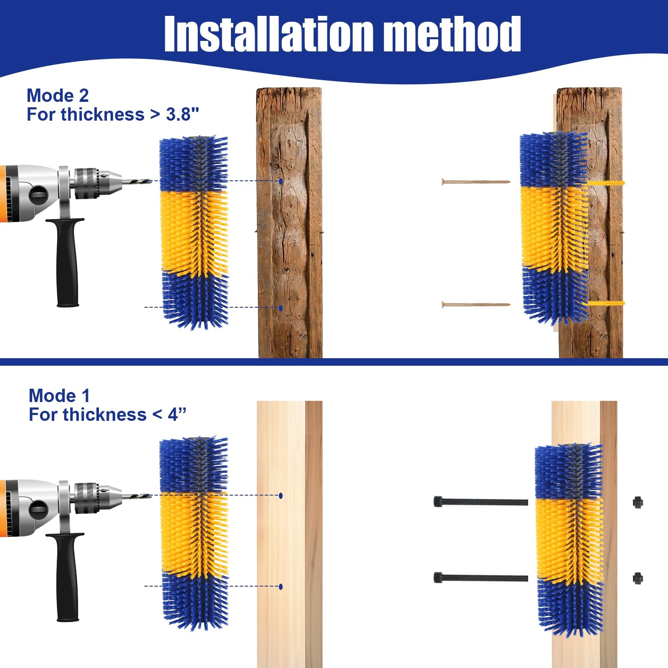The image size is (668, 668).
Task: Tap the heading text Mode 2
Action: point(58,96)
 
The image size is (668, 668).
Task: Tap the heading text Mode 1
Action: point(59,396)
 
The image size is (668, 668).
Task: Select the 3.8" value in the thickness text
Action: point(182,114)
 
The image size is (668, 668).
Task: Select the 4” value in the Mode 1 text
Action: point(177,415)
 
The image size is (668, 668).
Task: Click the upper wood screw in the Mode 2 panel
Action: point(476,182)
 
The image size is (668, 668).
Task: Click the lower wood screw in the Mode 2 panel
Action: point(476,304)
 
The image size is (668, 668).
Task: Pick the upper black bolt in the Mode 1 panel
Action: point(480,501)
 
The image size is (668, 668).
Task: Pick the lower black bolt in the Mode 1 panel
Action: point(480,578)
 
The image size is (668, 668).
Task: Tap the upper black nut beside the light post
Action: point(638,502)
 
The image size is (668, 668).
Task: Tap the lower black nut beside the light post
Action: point(638,578)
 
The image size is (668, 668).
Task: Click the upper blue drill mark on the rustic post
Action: point(281,181)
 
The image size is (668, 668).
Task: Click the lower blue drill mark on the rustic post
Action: point(281,308)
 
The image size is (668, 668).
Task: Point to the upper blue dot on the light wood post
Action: point(281,496)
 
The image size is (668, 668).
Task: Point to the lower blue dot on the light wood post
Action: point(281,587)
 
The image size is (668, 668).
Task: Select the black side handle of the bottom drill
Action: point(67,580)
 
